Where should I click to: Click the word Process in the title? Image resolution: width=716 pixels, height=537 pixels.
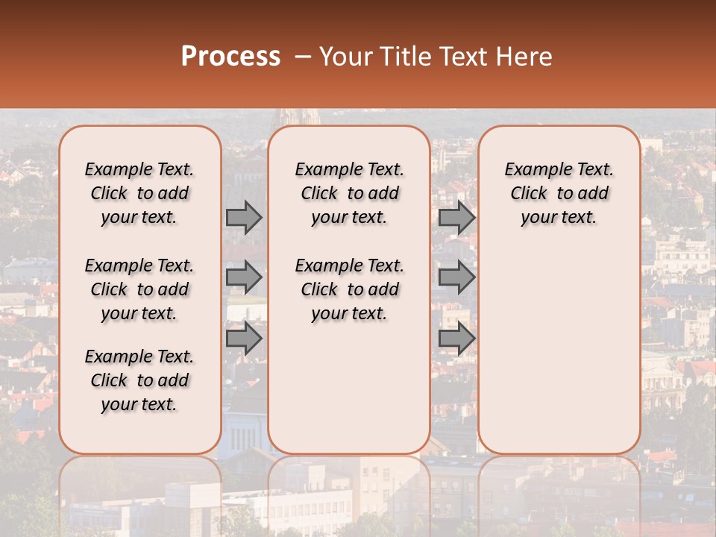click(x=230, y=57)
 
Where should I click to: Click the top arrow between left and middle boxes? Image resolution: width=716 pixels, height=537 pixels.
click(x=244, y=217)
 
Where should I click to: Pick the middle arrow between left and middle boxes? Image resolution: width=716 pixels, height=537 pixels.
click(x=244, y=277)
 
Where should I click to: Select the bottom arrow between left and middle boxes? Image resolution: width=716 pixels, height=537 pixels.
click(x=244, y=339)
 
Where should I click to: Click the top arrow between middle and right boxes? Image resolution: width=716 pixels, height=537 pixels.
click(x=456, y=217)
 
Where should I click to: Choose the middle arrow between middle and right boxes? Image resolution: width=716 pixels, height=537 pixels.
click(x=456, y=277)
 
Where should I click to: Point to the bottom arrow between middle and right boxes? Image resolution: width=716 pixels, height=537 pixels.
click(x=456, y=339)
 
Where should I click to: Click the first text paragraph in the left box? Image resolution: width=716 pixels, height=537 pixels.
click(x=139, y=193)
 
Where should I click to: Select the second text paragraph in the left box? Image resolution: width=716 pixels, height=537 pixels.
click(x=139, y=289)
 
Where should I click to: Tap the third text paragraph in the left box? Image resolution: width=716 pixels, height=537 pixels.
click(x=139, y=380)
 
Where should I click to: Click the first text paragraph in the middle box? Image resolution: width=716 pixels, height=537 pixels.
click(x=350, y=193)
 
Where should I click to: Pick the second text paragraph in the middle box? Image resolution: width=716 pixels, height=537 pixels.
click(x=350, y=289)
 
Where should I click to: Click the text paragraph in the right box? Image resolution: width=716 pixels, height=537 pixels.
click(x=559, y=193)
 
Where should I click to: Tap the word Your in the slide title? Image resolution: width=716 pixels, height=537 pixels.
click(x=344, y=57)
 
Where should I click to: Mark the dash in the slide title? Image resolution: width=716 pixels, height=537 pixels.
click(x=303, y=57)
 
